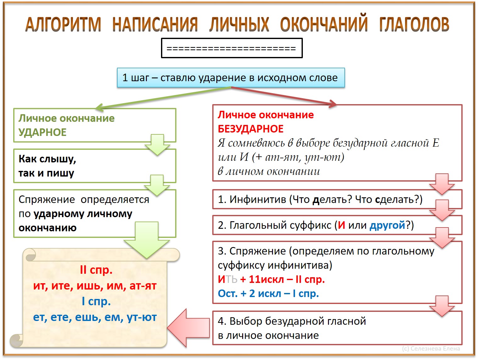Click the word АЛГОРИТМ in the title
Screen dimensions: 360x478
[x=63, y=24]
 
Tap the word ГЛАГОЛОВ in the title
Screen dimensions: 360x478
[x=414, y=24]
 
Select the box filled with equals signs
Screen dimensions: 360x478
[x=231, y=48]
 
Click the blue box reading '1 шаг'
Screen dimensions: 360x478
[x=231, y=77]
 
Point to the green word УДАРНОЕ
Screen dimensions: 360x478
[x=42, y=132]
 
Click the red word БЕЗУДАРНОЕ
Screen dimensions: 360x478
[x=251, y=129]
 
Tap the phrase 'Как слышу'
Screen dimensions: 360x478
[x=47, y=159]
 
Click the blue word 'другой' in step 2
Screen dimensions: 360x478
[x=387, y=225]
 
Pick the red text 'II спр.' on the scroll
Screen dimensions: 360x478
[x=96, y=270]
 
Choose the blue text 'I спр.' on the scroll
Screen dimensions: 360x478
[x=96, y=301]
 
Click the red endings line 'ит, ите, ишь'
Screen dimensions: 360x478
[x=95, y=286]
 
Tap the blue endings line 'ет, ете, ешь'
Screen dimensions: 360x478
[x=95, y=317]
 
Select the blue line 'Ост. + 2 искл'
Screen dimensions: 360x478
[x=268, y=293]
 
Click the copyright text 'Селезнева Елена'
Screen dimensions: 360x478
[x=435, y=348]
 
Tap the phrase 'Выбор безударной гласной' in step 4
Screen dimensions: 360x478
[x=297, y=321]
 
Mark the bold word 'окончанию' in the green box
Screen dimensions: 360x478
[x=47, y=228]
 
